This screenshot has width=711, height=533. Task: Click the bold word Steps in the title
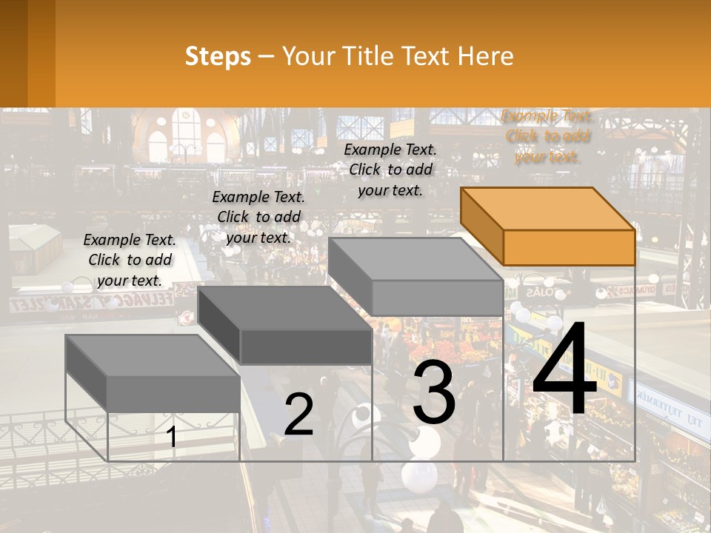(x=218, y=56)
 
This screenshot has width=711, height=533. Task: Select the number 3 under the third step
(x=434, y=395)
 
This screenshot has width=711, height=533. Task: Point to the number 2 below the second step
(x=298, y=415)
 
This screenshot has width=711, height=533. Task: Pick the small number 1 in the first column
(x=172, y=437)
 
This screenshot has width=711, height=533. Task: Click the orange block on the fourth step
(x=548, y=226)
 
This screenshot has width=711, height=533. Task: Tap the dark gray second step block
(x=285, y=326)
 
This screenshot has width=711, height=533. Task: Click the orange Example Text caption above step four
(x=547, y=136)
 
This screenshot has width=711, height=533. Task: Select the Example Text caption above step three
(x=390, y=170)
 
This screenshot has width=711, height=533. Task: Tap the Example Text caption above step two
(x=258, y=217)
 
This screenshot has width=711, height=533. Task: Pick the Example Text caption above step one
(x=130, y=260)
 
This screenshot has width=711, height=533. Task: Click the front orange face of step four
(x=569, y=247)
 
